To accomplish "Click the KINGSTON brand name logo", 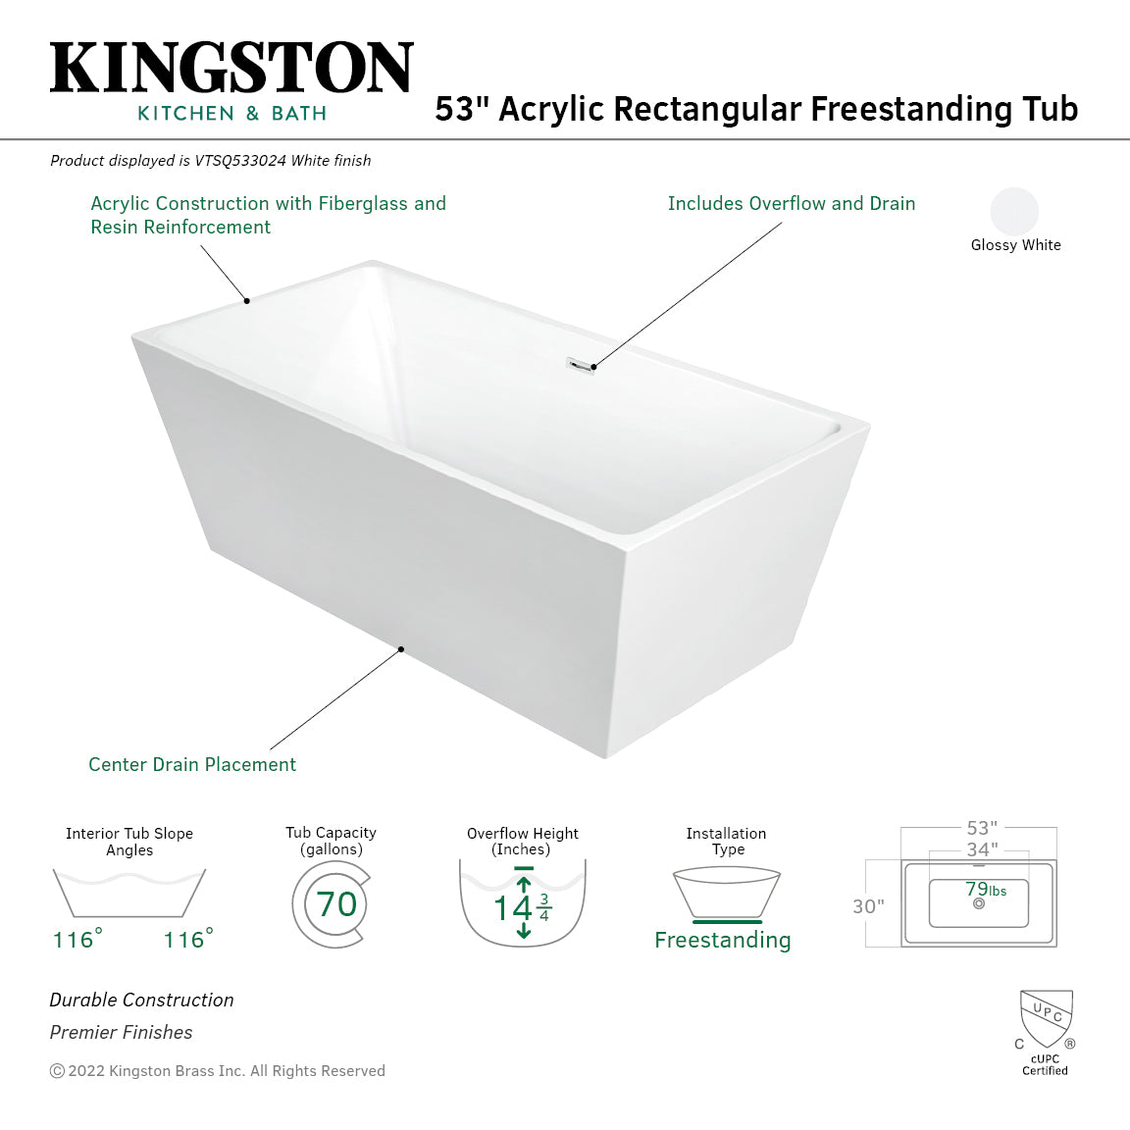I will coord(231,69).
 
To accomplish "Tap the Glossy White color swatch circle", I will coord(1014,211).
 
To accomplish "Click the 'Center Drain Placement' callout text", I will coord(192,764).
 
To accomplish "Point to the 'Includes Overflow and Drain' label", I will coord(791,203).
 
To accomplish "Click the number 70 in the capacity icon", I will coord(336,903).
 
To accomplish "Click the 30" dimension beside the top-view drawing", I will coord(868,906).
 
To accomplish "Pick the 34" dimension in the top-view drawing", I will coord(981,849).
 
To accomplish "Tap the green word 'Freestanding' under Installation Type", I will coord(722,940).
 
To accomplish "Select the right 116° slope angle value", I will coord(187,940).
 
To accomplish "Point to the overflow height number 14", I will coord(512,908).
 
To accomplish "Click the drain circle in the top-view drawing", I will coord(978,903).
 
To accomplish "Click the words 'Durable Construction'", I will coord(142,1000).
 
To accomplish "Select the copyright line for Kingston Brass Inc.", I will coord(218,1071).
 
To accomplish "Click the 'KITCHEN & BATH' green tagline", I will coord(231,114).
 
